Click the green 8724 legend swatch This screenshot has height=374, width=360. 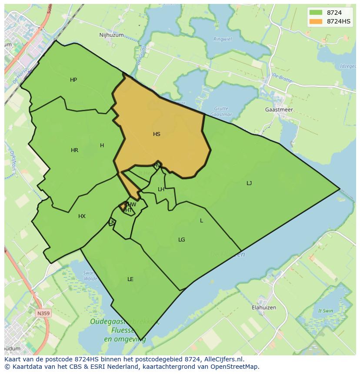[316, 13]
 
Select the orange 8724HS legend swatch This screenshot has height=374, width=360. [316, 21]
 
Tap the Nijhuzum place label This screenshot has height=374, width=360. [111, 35]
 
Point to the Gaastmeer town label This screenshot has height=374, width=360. [279, 110]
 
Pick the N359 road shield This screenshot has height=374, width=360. [43, 313]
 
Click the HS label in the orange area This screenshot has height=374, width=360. [157, 134]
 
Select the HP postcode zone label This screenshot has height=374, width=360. [73, 80]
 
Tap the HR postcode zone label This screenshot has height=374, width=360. [74, 150]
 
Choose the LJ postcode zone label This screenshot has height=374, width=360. [249, 183]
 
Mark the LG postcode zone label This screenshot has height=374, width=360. [182, 240]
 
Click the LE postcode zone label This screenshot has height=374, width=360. [130, 279]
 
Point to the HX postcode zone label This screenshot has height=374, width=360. [82, 216]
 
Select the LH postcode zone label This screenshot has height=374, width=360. [161, 189]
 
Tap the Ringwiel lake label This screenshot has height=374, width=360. [222, 39]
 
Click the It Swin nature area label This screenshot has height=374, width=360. [326, 311]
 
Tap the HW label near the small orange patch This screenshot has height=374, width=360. [132, 205]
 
